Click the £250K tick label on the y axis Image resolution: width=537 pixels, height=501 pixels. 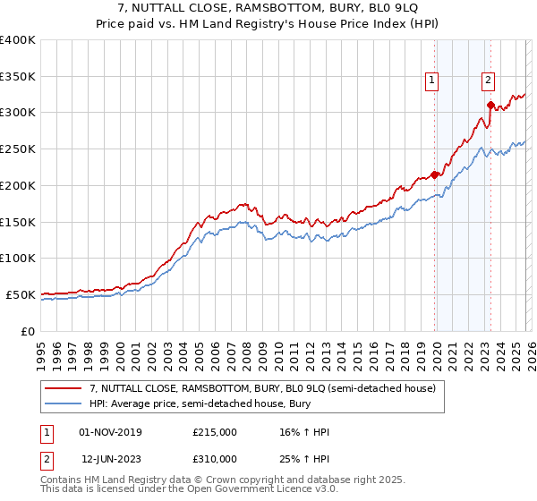[18, 149]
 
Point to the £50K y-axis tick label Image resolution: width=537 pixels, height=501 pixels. [21, 294]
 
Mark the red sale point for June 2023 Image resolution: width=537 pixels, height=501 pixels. [490, 105]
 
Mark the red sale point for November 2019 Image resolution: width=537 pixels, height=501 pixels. [435, 174]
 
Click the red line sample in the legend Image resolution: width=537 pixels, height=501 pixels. [64, 388]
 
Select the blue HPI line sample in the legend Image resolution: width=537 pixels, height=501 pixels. [64, 403]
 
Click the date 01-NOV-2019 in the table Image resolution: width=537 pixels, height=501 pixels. [110, 432]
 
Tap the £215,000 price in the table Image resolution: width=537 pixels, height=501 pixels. [214, 432]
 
